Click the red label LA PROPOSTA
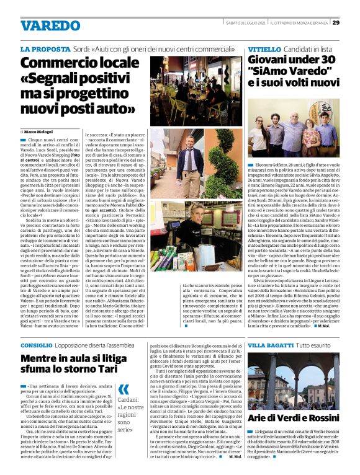click(x=45, y=50)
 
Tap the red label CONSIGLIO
click(x=41, y=344)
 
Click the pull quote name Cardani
click(x=128, y=383)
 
